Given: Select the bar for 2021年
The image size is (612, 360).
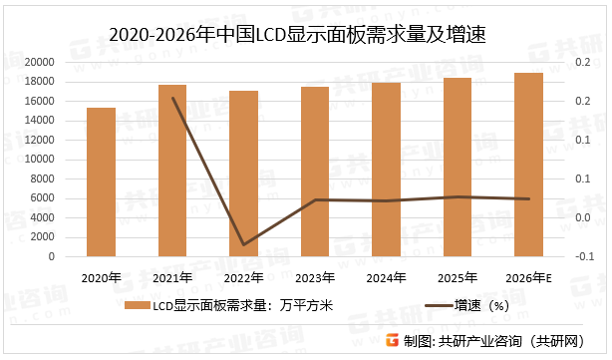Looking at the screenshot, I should point(172,171).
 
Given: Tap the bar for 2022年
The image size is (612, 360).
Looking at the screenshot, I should point(244,174).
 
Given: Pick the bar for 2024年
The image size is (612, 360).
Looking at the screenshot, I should point(387,170).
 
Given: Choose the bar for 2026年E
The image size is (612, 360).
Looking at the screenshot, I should point(529,165).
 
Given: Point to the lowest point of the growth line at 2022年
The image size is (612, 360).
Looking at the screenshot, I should point(244,244).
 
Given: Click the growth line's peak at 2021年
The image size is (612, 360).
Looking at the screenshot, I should point(173,98).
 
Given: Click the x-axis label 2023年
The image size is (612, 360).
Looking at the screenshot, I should point(315,277).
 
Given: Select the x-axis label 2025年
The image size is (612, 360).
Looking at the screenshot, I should point(458,277).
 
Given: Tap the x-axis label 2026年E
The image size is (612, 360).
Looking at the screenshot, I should point(529,277).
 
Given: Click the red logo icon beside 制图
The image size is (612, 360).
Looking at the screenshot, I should point(393,340).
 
